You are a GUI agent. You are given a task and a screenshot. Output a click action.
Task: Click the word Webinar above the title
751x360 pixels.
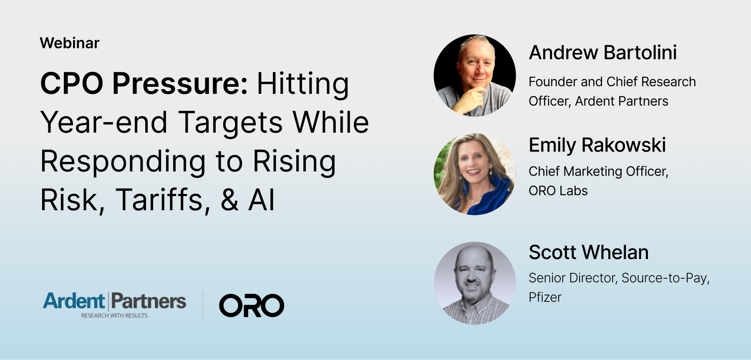tap(70, 43)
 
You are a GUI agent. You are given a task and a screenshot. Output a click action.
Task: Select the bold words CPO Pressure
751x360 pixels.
tap(144, 83)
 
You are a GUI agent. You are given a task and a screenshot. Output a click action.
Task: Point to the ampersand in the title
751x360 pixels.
tap(230, 199)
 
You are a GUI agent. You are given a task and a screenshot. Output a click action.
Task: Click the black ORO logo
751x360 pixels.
tap(252, 305)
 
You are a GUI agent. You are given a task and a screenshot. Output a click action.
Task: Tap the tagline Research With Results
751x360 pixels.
tap(114, 316)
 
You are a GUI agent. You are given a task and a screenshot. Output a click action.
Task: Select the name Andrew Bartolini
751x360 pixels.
tap(603, 53)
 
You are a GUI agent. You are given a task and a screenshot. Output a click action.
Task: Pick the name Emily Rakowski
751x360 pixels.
tap(597, 145)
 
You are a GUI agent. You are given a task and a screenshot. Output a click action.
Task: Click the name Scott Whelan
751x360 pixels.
tap(589, 252)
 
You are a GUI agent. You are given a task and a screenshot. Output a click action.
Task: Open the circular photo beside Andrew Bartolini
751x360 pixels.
tap(475, 75)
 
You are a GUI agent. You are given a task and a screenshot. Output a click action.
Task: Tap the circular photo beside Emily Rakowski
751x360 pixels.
tap(475, 174)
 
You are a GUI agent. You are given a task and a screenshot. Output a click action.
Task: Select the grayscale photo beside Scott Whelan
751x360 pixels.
tap(475, 283)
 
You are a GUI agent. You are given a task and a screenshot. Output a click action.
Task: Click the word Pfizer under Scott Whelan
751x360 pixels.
tap(545, 297)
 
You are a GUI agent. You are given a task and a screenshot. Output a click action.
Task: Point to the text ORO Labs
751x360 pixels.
tap(558, 191)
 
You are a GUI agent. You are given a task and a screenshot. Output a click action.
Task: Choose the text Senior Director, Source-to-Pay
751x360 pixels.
tap(619, 278)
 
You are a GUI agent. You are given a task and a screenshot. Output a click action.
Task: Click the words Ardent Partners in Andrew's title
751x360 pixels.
tap(622, 101)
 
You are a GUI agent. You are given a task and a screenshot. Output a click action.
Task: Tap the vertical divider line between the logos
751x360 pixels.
tap(203, 305)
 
